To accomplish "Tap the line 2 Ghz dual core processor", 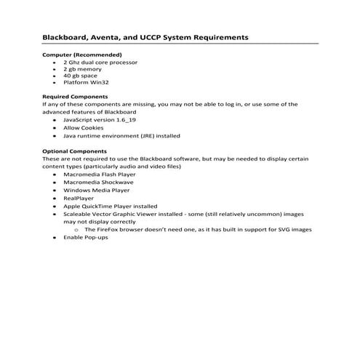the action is [x=100, y=63].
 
